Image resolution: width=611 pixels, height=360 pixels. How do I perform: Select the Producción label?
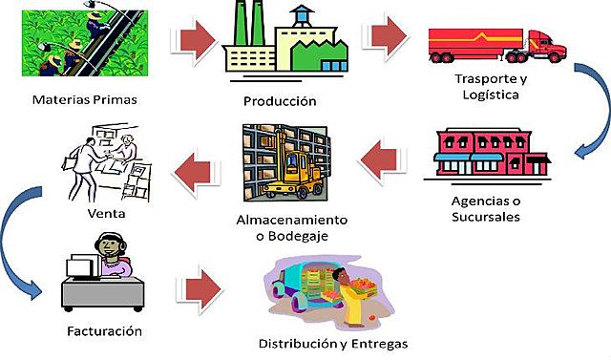click(x=280, y=101)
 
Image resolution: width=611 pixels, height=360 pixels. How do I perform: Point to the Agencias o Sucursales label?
click(x=485, y=208)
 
